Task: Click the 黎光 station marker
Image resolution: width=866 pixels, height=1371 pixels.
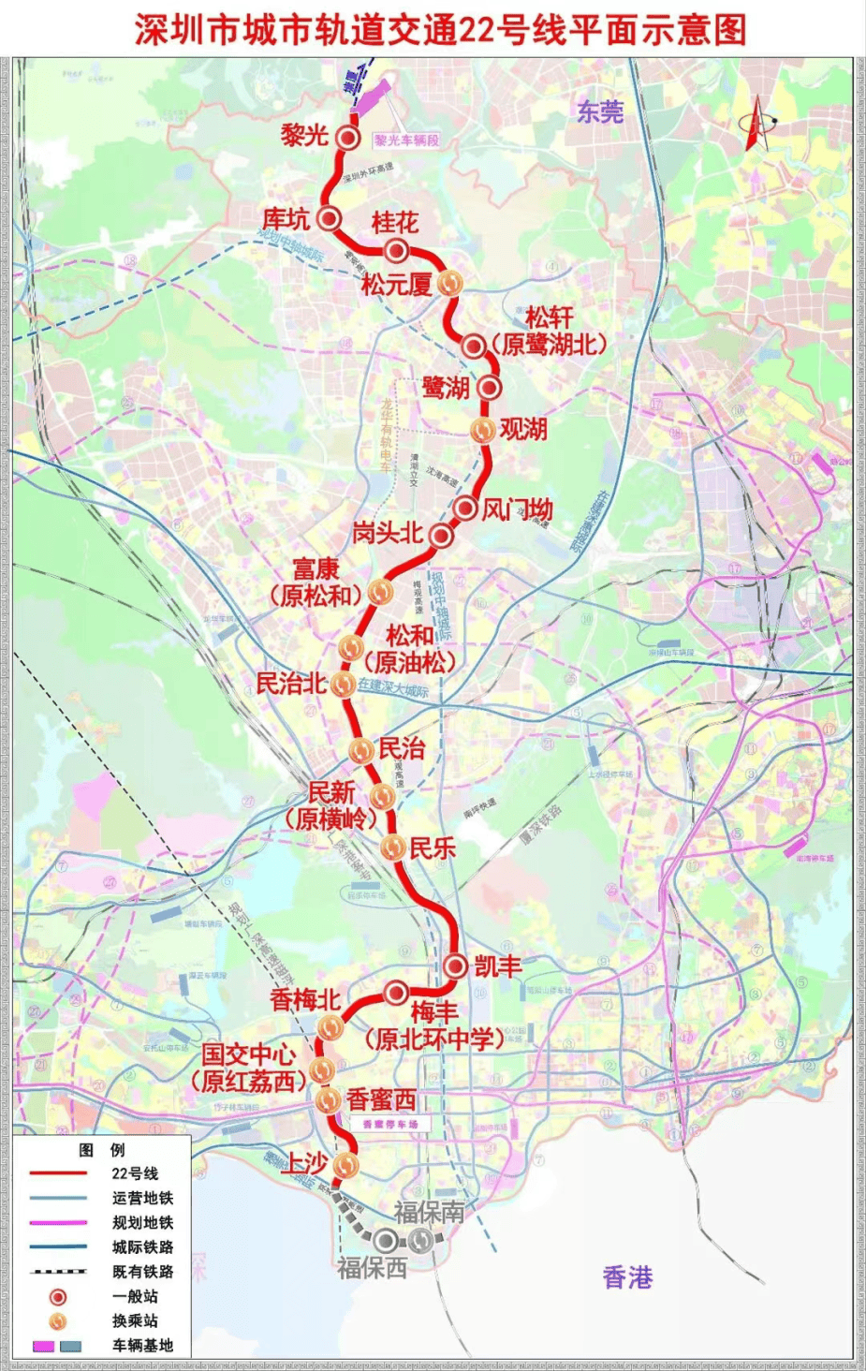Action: (x=348, y=139)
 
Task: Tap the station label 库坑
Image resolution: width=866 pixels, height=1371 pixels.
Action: (x=286, y=219)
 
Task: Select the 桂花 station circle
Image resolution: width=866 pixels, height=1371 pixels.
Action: (x=396, y=251)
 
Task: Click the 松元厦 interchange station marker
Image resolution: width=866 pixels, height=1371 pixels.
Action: (x=450, y=282)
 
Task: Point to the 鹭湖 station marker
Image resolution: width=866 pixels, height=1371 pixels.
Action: (x=488, y=387)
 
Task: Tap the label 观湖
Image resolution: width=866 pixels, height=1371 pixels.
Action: (x=523, y=429)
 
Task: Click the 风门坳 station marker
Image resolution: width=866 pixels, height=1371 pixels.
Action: (x=465, y=509)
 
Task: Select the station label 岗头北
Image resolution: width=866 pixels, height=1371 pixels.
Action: (x=388, y=533)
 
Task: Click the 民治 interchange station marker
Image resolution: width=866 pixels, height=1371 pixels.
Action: (x=361, y=749)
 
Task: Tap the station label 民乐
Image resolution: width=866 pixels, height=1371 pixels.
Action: (x=433, y=848)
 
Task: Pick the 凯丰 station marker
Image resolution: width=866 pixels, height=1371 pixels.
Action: (x=456, y=966)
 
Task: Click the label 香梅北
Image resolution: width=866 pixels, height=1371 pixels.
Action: (x=305, y=999)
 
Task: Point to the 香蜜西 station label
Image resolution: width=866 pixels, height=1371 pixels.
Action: (x=381, y=1099)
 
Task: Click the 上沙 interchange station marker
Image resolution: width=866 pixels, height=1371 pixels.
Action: (x=346, y=1164)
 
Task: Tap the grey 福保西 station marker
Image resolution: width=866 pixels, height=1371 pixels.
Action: (x=385, y=1241)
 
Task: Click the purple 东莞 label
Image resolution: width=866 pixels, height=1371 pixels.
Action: (x=600, y=112)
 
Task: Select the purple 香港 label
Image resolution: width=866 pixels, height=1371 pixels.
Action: (x=627, y=1276)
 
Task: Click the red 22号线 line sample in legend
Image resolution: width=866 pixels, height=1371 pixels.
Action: (x=59, y=1173)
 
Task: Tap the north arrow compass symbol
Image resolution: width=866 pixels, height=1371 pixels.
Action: (x=756, y=123)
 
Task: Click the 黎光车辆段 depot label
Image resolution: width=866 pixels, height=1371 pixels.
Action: (x=407, y=140)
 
